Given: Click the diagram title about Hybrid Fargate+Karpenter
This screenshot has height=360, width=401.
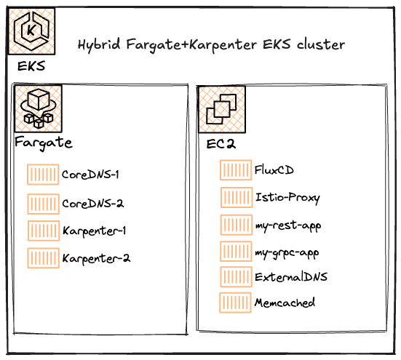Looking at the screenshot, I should pyautogui.click(x=211, y=45).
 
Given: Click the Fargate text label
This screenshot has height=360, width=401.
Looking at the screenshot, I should pyautogui.click(x=44, y=142).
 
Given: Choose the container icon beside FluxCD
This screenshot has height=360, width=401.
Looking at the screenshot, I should pyautogui.click(x=235, y=170).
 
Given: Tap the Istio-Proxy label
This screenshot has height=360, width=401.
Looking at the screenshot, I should pyautogui.click(x=287, y=197).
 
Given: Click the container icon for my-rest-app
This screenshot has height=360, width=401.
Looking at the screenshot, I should pyautogui.click(x=235, y=224).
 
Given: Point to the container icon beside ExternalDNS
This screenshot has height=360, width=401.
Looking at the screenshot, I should pyautogui.click(x=235, y=276).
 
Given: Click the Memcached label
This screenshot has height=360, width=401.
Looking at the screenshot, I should pyautogui.click(x=285, y=302).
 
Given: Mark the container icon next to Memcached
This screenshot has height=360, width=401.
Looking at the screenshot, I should pyautogui.click(x=235, y=302).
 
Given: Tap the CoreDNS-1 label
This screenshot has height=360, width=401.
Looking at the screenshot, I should pyautogui.click(x=90, y=175).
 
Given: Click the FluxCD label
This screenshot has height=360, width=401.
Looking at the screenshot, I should pyautogui.click(x=274, y=170).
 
